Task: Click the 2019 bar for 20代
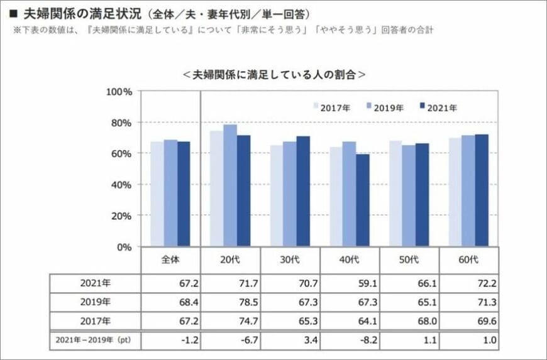pyautogui.click(x=230, y=185)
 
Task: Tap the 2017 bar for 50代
pyautogui.click(x=395, y=194)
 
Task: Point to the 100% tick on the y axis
pyautogui.click(x=119, y=92)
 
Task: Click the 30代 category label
pyautogui.click(x=290, y=260)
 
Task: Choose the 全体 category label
pyautogui.click(x=170, y=260)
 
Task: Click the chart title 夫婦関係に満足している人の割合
pyautogui.click(x=274, y=74)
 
